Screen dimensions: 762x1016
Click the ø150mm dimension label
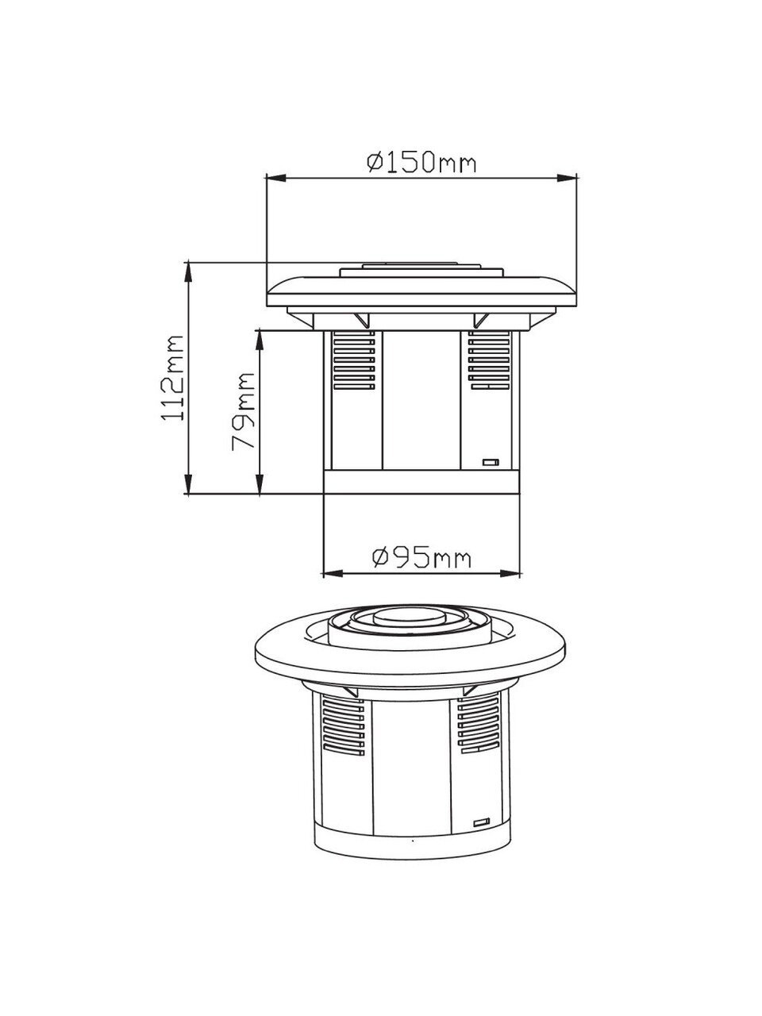421,162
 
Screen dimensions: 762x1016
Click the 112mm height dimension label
173,378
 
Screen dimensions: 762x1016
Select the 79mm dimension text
244,411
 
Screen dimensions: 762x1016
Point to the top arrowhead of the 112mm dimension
188,271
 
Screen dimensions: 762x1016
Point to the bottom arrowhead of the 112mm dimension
188,484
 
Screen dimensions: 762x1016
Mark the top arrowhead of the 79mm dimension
260,340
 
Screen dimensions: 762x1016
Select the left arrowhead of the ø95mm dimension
333,574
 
